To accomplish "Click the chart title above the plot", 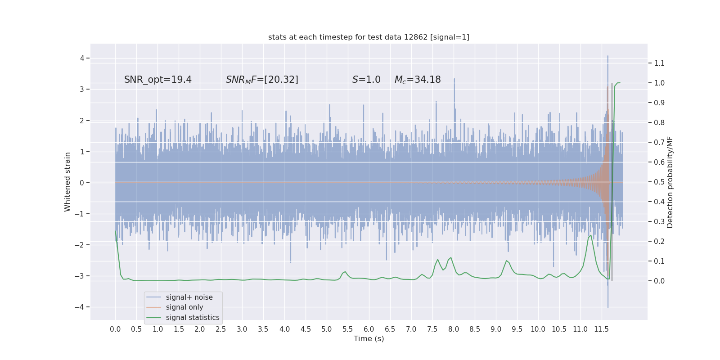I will tap(369, 37).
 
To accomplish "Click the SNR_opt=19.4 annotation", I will tap(158, 80).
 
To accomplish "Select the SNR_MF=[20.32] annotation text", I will tap(262, 80).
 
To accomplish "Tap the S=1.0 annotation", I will tap(366, 80).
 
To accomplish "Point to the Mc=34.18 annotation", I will tap(418, 80).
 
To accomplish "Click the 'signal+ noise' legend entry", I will tap(189, 297).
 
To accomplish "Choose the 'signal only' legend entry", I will tap(184, 307).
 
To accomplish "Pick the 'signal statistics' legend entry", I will tap(193, 318).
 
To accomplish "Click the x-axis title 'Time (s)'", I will tap(369, 338).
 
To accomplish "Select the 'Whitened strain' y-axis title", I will tap(67, 182).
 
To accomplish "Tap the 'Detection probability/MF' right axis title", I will tap(670, 182).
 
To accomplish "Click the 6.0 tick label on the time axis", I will tap(369, 329).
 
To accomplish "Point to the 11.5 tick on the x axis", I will tap(601, 329).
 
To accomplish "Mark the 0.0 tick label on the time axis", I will tap(115, 329).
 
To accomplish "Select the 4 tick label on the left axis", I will tap(82, 58).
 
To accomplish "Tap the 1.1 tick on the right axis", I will tap(659, 63).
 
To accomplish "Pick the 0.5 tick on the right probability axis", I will tap(659, 182).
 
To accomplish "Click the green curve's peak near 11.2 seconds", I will tap(590, 235).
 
